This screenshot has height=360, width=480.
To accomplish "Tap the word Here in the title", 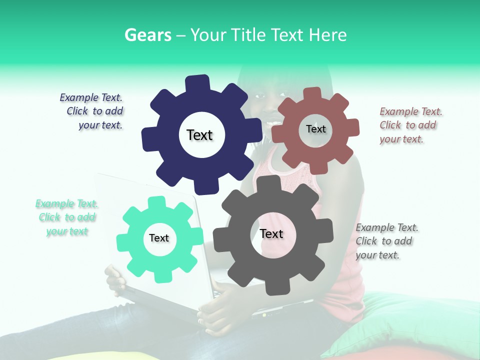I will pos(327,35).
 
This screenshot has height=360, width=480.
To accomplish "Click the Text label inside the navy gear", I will pos(199,135).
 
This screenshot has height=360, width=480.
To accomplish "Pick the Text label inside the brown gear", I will pos(315,129).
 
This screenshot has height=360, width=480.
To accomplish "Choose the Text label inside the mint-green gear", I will pos(158,238).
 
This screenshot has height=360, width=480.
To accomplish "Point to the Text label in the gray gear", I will pos(271,233).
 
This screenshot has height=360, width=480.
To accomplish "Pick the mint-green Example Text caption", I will pos(66,217).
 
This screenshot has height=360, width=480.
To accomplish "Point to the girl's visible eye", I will pos(260,95).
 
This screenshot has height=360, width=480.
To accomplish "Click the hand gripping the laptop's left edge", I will pos(115,280).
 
